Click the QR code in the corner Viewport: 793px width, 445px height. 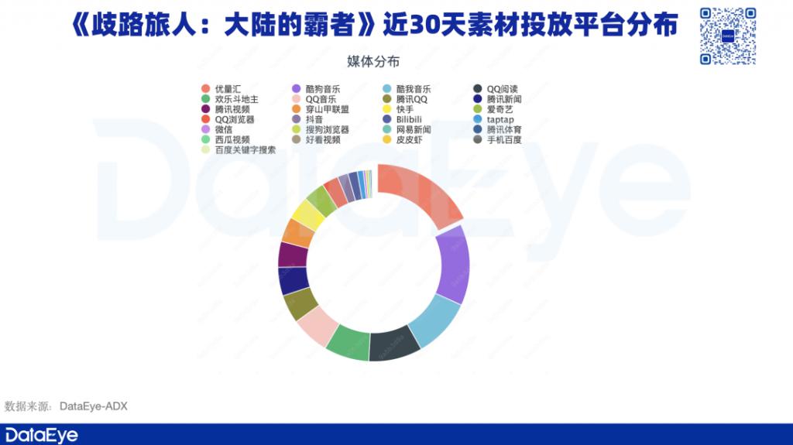[x=728, y=36]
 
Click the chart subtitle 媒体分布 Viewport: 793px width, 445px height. [x=373, y=62]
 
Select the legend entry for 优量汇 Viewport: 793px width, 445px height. [x=221, y=89]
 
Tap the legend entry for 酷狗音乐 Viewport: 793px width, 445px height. [x=316, y=89]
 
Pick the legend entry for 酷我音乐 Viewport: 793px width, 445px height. [x=407, y=89]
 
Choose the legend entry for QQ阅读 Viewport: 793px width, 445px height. [x=496, y=89]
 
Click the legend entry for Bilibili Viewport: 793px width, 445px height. [x=402, y=119]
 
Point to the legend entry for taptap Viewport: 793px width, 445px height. [x=493, y=119]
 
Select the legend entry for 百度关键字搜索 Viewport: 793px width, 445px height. [x=239, y=149]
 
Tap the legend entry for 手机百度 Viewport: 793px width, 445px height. [x=498, y=139]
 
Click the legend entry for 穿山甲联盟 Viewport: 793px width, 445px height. [x=321, y=109]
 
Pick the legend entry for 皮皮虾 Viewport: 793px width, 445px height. [x=403, y=139]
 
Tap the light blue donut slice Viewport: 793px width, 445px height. [x=434, y=320]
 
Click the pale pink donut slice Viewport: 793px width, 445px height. [x=318, y=326]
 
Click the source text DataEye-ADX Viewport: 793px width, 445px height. [x=94, y=406]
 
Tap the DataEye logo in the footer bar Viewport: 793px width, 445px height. [x=42, y=436]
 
